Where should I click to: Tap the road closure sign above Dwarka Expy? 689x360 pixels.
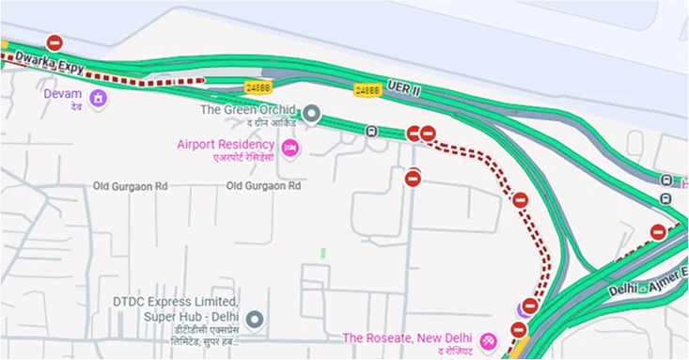click(x=55, y=42)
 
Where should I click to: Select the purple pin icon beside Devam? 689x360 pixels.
click(x=98, y=98)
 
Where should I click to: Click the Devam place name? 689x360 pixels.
click(x=64, y=94)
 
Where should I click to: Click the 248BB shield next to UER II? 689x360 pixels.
click(x=368, y=90)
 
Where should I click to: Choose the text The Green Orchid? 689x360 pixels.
click(x=247, y=109)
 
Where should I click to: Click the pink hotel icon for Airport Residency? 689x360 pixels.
click(x=290, y=148)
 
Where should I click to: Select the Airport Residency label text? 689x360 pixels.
click(x=226, y=145)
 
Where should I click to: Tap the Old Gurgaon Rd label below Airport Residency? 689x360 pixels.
click(x=263, y=186)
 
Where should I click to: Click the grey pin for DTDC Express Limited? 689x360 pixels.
click(x=252, y=321)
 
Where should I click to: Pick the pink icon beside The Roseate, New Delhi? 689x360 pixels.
click(x=488, y=340)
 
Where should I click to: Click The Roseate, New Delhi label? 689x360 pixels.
click(x=406, y=338)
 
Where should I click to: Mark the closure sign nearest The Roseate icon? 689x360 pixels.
click(x=518, y=329)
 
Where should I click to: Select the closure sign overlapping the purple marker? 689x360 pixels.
click(x=529, y=306)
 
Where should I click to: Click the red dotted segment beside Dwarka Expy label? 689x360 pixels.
click(x=141, y=82)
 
